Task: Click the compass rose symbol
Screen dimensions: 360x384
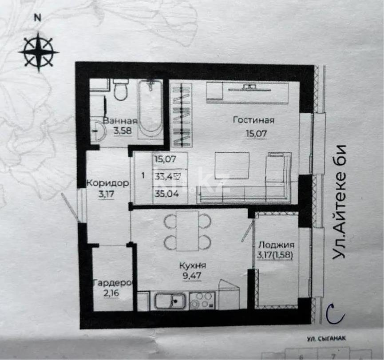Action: (39, 51)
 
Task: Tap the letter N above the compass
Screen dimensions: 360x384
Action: (38, 18)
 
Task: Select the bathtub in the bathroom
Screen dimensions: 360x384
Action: (150, 108)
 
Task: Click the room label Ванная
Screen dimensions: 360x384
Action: (119, 120)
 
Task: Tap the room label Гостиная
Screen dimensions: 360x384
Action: (253, 120)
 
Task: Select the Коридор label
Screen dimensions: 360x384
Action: (108, 183)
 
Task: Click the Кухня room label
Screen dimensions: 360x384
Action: (192, 265)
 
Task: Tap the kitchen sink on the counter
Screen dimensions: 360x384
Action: (171, 301)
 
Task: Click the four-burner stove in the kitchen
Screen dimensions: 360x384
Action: (202, 301)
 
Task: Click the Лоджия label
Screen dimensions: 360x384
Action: (276, 245)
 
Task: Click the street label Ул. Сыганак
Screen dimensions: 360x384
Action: (326, 338)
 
